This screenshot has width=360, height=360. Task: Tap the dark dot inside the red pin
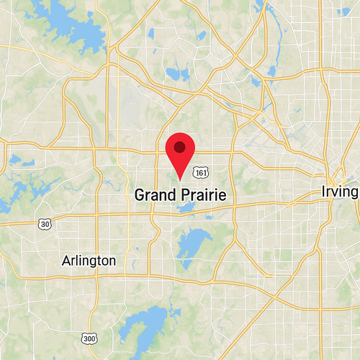point(180,147)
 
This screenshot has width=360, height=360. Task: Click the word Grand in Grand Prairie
point(153,194)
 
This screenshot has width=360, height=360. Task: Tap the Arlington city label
point(89,260)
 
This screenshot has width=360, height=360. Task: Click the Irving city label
point(340,192)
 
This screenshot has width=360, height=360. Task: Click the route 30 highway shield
point(45,225)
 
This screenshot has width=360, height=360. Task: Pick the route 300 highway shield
point(89,338)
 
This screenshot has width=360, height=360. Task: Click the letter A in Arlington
point(66,260)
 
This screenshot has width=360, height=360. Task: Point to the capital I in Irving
point(324,192)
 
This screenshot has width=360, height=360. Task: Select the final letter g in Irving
point(354,194)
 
